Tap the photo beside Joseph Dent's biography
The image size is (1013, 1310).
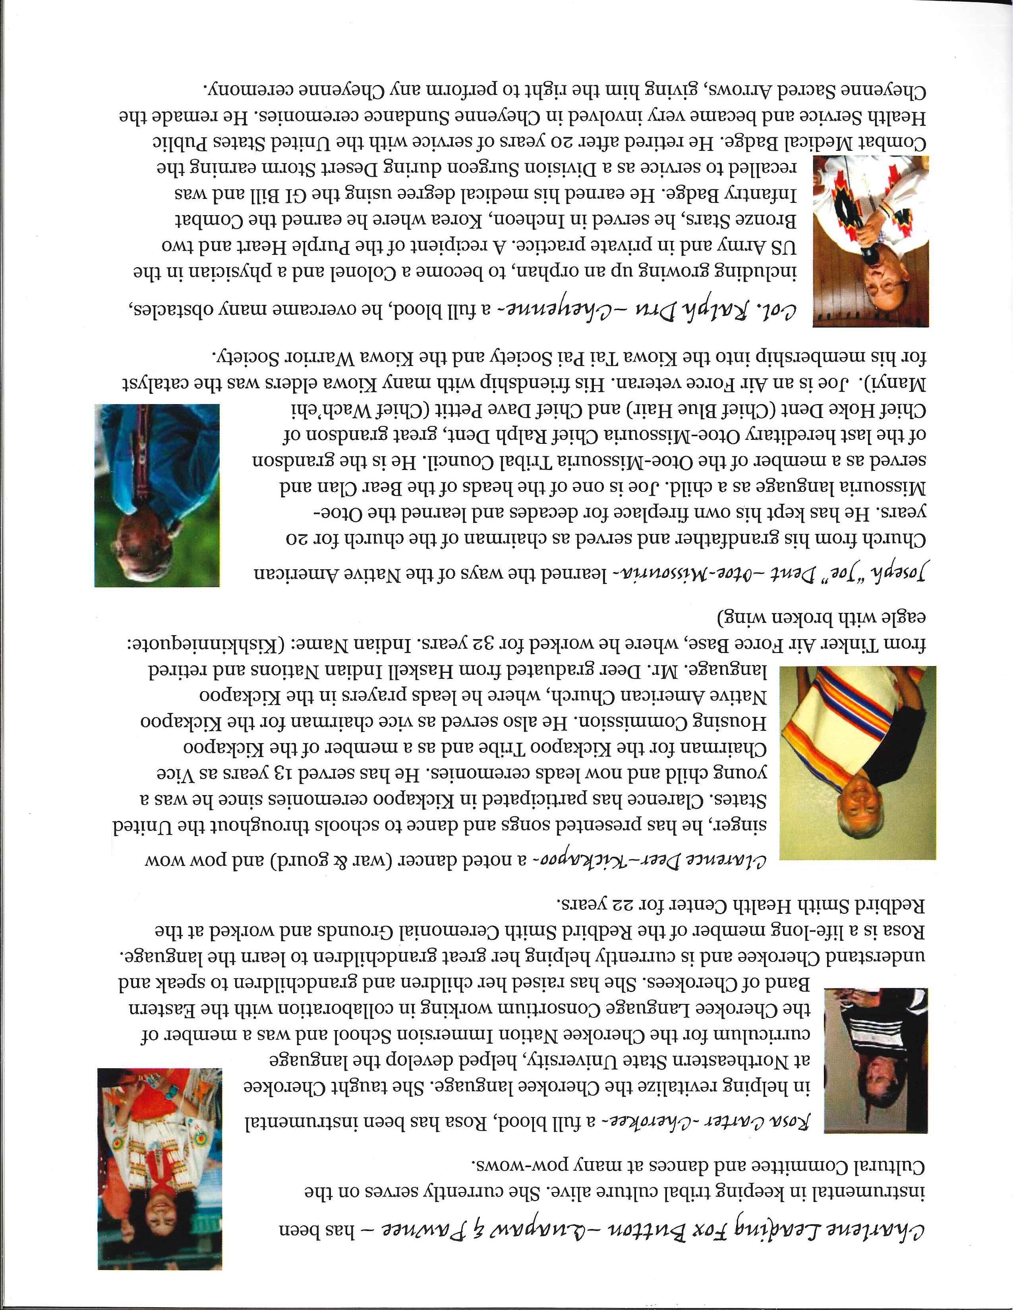tap(157, 495)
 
